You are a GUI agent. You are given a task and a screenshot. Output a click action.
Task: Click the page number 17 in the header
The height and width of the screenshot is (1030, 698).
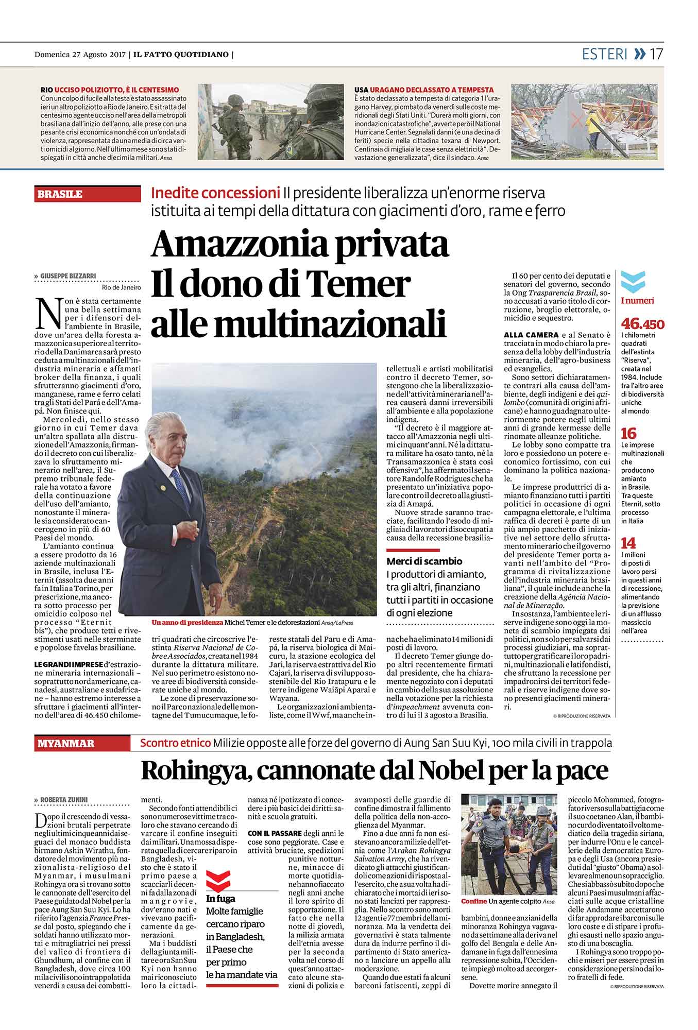coord(656,54)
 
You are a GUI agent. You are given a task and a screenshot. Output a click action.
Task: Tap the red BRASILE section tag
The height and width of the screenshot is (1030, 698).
coord(60,194)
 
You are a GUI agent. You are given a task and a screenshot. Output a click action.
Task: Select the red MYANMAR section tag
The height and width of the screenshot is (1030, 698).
coord(65,743)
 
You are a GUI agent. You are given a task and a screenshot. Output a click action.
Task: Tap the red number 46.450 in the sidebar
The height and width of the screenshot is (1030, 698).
coord(642,324)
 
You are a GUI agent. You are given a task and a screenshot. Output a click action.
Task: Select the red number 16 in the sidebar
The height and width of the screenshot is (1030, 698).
coord(629,433)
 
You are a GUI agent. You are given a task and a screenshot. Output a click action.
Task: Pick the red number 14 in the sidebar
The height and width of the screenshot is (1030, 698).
coord(628,543)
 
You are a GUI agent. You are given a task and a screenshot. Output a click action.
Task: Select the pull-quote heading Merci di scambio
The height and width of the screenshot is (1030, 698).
coord(424,561)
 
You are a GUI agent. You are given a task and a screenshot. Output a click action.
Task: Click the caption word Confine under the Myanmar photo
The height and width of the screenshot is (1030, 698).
coord(474,915)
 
